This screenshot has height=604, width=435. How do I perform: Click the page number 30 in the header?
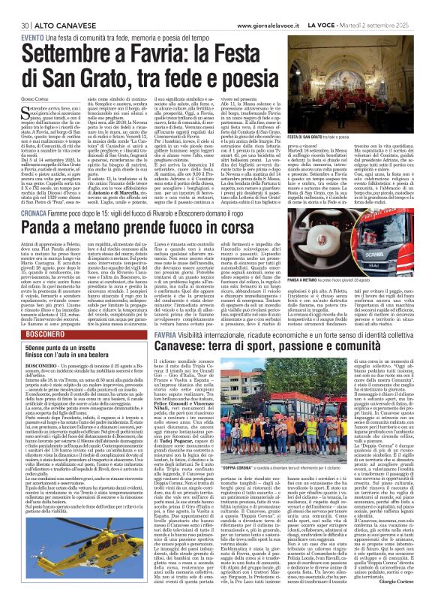click(14, 7)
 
